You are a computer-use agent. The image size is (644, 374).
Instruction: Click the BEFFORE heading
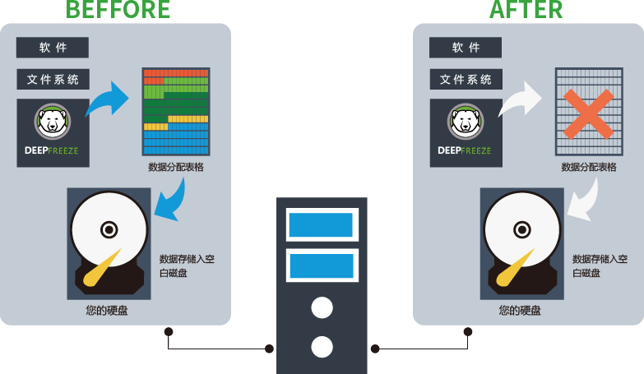(x=118, y=10)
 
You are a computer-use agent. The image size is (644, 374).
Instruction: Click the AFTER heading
(x=526, y=10)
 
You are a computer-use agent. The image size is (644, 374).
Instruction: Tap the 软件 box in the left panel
(x=53, y=48)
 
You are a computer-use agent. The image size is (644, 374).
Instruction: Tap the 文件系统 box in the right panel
(x=466, y=80)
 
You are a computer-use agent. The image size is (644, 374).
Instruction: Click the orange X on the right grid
(x=587, y=113)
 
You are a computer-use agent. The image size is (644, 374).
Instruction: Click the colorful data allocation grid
(x=176, y=112)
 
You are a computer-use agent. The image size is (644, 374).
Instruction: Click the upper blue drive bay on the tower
(x=322, y=224)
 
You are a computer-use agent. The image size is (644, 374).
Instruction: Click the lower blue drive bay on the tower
(x=322, y=265)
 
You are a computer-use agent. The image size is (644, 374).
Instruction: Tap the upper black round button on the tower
(x=322, y=308)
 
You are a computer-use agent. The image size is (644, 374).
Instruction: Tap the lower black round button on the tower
(x=322, y=346)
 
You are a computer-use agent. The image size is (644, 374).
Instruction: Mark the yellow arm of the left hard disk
(x=104, y=267)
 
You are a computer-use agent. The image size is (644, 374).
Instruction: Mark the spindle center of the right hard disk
(x=521, y=228)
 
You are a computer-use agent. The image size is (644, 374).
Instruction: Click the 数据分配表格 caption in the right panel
(x=589, y=167)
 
